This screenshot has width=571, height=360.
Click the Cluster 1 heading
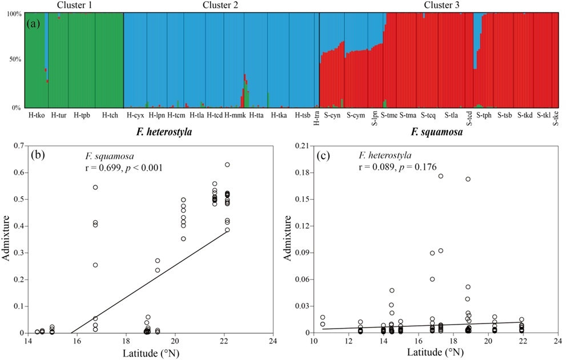[73, 5]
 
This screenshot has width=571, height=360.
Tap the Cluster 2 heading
[221, 5]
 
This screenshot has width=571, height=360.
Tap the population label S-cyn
[332, 115]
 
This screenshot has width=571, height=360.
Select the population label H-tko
[36, 115]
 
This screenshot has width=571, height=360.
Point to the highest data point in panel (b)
[227, 164]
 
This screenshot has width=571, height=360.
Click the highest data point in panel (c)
[441, 176]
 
